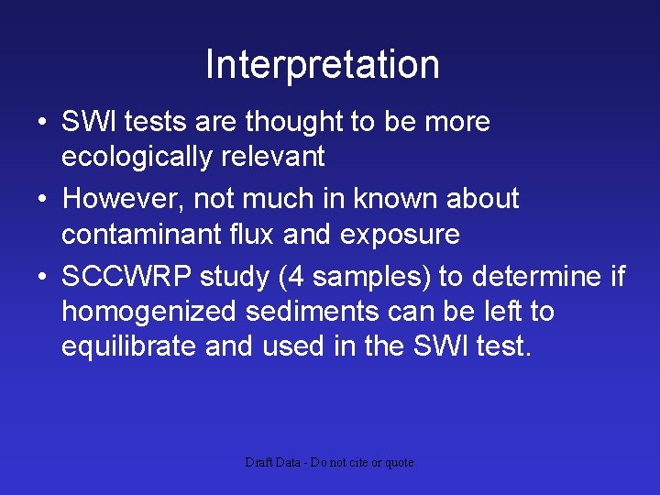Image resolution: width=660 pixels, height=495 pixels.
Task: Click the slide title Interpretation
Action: tap(323, 65)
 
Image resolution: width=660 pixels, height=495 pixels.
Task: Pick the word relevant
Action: tap(272, 158)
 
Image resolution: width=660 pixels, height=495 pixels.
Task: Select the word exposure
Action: tap(400, 235)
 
